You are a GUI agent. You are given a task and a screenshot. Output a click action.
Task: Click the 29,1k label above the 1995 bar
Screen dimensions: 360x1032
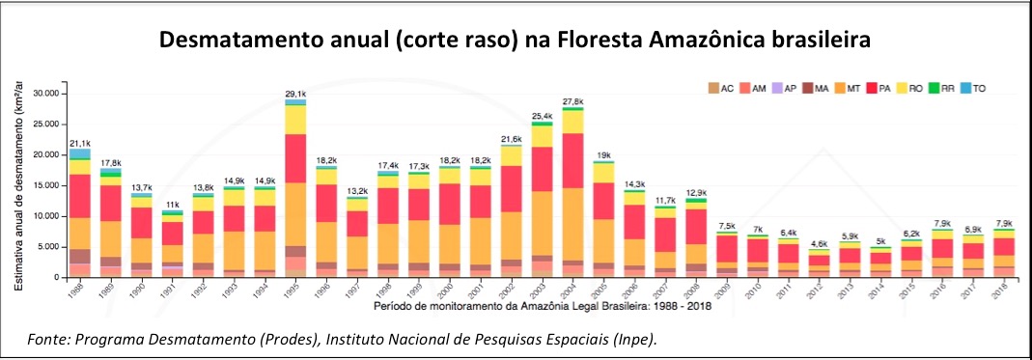295,94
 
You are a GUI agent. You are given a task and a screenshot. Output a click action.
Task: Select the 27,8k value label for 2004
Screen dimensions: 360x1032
573,101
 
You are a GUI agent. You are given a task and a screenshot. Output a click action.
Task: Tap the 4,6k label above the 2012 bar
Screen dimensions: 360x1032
820,244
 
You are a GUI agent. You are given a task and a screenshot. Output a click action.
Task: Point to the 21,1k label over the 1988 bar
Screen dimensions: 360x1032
80,143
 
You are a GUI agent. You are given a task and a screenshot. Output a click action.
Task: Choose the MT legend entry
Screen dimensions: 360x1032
847,88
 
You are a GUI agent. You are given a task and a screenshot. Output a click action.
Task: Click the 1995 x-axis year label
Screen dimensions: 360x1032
294,289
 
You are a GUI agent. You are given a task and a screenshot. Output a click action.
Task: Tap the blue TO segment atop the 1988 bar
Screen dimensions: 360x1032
80,153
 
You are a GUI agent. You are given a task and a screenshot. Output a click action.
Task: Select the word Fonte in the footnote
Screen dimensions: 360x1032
50,340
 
